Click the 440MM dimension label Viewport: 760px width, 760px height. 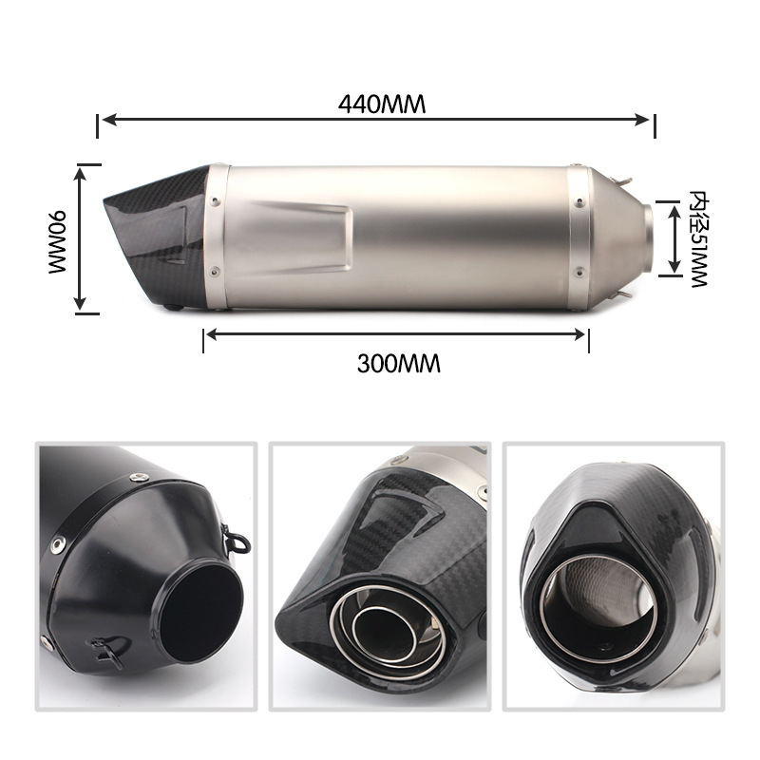pyautogui.click(x=382, y=104)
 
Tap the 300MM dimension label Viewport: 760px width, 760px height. pyautogui.click(x=398, y=364)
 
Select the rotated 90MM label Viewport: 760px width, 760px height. pyautogui.click(x=57, y=242)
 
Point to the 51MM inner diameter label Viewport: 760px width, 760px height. pyautogui.click(x=698, y=239)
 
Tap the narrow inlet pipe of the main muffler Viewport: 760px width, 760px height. pyautogui.click(x=648, y=238)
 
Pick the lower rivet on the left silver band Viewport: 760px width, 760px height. pyautogui.click(x=215, y=272)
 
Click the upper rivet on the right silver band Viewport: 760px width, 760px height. pyautogui.click(x=579, y=201)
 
